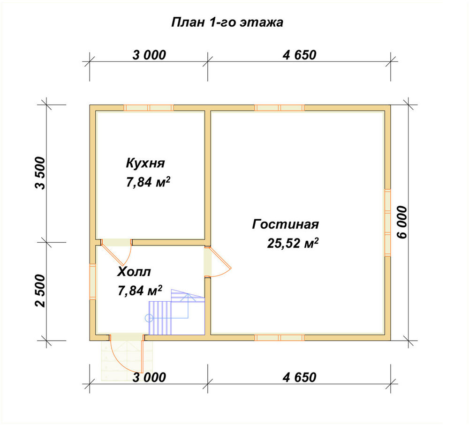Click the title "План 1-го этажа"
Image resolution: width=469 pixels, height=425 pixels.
[x=227, y=22]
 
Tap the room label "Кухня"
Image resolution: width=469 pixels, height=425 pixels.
[x=145, y=163]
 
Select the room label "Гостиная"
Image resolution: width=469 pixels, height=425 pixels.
[x=285, y=224]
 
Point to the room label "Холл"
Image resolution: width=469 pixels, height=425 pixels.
[x=134, y=272]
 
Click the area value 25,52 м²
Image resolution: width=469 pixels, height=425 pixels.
[x=293, y=243]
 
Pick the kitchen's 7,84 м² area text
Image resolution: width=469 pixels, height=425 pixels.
[x=148, y=182]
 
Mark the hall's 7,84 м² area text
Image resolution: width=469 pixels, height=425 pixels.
[x=140, y=291]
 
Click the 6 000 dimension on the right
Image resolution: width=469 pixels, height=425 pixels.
[x=402, y=222]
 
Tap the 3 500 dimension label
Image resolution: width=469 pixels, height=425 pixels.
[x=40, y=173]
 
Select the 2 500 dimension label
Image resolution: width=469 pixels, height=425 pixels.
[x=40, y=291]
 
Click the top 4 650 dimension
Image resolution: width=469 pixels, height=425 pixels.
[x=299, y=55]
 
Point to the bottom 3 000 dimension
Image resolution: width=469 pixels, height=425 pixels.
[x=149, y=378]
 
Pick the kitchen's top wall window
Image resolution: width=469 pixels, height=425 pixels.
[x=149, y=108]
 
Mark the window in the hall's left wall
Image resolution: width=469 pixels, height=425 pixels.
[x=93, y=282]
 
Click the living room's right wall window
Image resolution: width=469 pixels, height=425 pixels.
[x=387, y=223]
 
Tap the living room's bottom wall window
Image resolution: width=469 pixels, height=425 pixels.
[x=280, y=338]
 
